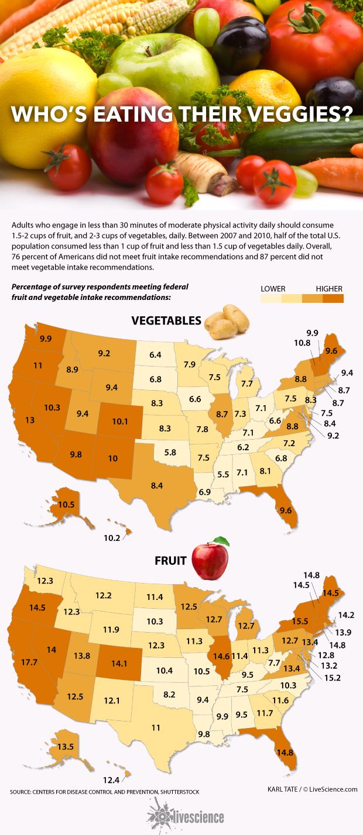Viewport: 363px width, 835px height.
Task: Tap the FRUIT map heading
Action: coord(170,561)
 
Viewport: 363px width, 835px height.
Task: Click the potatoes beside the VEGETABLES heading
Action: coord(227,321)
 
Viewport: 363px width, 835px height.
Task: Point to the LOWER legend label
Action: coord(273,289)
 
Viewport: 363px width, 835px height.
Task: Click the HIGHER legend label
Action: coord(329,289)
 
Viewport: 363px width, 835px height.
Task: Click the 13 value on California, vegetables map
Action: coord(29,419)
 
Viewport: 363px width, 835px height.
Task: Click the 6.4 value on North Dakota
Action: coord(155,354)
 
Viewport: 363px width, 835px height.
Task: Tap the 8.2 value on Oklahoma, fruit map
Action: coord(170,694)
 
